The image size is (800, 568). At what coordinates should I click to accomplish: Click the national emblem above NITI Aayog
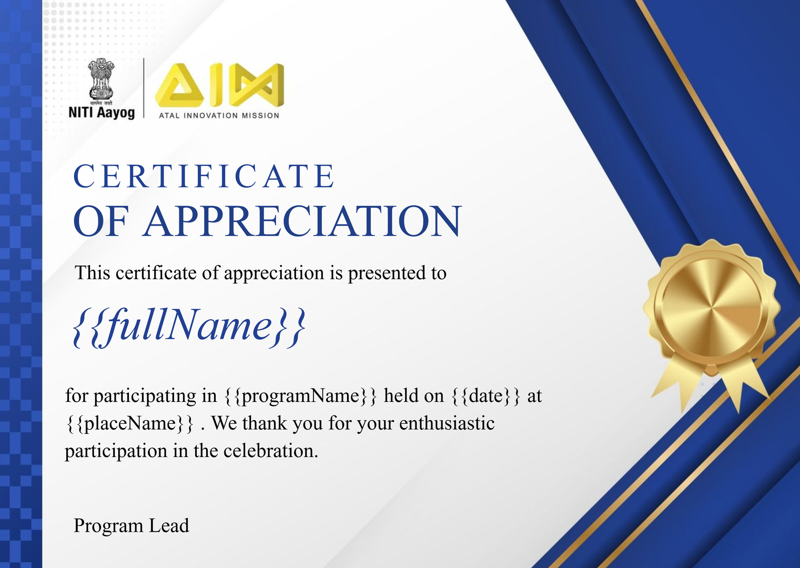pyautogui.click(x=102, y=79)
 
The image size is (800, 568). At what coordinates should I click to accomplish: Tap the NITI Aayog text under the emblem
pyautogui.click(x=102, y=113)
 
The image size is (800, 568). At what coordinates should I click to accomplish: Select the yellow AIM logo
pyautogui.click(x=219, y=85)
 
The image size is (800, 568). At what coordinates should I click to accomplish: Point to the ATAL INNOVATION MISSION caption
pyautogui.click(x=219, y=116)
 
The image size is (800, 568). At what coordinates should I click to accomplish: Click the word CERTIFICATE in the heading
pyautogui.click(x=204, y=176)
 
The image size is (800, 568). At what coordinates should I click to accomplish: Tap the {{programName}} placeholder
pyautogui.click(x=301, y=396)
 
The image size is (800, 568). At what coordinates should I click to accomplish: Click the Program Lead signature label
pyautogui.click(x=131, y=526)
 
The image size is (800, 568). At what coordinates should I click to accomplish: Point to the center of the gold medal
pyautogui.click(x=712, y=307)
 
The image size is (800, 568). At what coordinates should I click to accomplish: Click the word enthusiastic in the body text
pyautogui.click(x=447, y=423)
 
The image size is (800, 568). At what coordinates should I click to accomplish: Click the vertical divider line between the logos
pyautogui.click(x=144, y=88)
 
